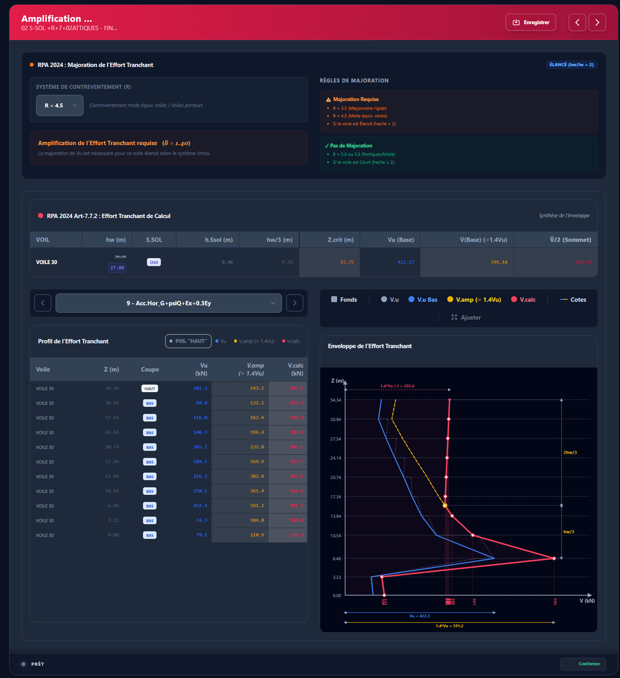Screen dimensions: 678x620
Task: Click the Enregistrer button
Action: [531, 22]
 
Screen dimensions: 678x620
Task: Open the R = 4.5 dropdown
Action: [60, 105]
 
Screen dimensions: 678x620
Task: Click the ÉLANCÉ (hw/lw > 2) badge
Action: [571, 65]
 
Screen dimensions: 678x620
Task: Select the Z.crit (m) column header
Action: [340, 240]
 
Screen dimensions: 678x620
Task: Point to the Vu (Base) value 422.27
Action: [406, 262]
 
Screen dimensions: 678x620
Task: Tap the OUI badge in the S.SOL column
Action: [154, 262]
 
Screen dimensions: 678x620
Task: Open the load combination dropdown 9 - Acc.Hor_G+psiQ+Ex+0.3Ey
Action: [169, 303]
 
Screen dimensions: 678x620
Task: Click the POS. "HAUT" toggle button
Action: [188, 341]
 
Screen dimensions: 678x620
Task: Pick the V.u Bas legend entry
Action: [423, 300]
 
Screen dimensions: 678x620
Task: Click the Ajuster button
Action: [466, 318]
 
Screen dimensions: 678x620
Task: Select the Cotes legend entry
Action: [573, 300]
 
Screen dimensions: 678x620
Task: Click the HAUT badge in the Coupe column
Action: [150, 389]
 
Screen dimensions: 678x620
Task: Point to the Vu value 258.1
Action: [200, 491]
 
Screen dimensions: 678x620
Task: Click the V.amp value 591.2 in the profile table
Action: [257, 506]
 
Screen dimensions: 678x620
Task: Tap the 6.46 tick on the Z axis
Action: [337, 559]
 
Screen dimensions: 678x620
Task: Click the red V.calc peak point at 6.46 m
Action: [554, 558]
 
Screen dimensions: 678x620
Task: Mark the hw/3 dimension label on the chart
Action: [568, 532]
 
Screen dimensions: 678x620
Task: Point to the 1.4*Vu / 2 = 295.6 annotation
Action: [397, 386]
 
